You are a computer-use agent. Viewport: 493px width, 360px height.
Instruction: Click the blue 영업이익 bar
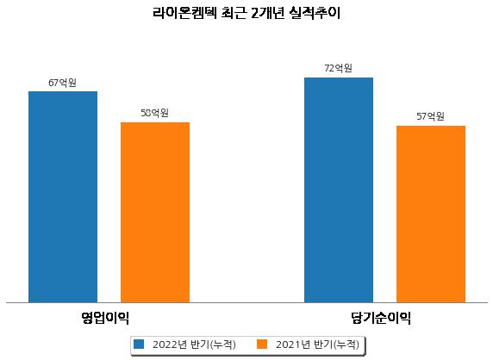pos(63,197)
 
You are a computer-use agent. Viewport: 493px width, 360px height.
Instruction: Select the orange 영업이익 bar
pos(155,213)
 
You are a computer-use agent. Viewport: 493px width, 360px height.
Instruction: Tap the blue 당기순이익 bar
pos(339,190)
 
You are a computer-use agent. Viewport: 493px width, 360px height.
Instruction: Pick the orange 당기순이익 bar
pos(431,214)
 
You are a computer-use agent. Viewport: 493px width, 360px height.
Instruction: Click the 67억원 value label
pos(62,83)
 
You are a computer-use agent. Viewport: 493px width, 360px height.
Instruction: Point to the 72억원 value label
pos(339,68)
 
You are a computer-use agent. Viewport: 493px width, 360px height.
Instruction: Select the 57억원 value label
pos(430,116)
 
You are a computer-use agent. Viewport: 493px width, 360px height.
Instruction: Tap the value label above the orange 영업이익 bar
pos(154,113)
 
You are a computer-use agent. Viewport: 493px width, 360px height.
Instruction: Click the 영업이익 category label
pos(105,318)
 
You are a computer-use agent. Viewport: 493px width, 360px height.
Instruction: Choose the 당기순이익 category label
pos(381,318)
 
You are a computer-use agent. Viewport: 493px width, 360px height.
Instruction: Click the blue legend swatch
pos(139,344)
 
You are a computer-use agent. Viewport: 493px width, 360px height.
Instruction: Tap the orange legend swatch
pos(262,344)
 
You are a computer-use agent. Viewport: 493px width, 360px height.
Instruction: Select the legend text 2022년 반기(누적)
pos(194,344)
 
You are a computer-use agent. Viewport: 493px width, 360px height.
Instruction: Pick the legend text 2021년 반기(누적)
pos(317,344)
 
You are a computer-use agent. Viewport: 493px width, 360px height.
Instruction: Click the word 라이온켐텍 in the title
pos(184,14)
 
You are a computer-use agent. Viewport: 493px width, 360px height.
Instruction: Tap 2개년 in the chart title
pos(268,14)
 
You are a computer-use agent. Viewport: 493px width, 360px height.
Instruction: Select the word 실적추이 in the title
pos(315,14)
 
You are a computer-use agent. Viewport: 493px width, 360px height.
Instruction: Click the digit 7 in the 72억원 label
pos(327,68)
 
